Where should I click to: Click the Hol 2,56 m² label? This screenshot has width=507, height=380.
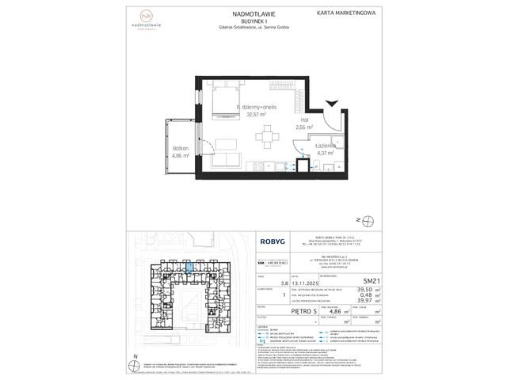(x=304, y=123)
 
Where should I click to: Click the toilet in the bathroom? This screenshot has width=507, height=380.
(x=315, y=165)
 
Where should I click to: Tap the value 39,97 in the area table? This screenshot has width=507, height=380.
(x=341, y=299)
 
